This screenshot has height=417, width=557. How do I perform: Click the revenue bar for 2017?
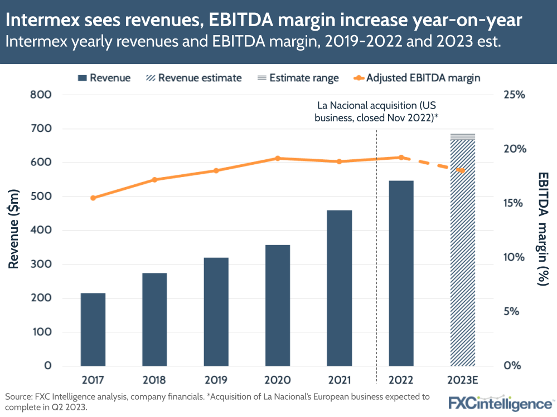(x=93, y=329)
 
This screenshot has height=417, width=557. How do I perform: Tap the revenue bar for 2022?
(x=401, y=273)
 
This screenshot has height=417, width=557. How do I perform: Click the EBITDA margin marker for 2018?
(x=154, y=180)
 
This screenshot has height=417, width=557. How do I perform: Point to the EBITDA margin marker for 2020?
(x=278, y=159)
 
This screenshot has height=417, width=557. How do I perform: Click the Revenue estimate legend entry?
(x=193, y=78)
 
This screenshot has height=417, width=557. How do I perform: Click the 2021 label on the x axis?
(x=339, y=380)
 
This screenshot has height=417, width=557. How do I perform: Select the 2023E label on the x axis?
(x=463, y=380)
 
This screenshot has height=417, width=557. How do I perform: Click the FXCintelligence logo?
(x=501, y=403)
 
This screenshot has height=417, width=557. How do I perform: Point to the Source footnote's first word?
(x=20, y=397)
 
